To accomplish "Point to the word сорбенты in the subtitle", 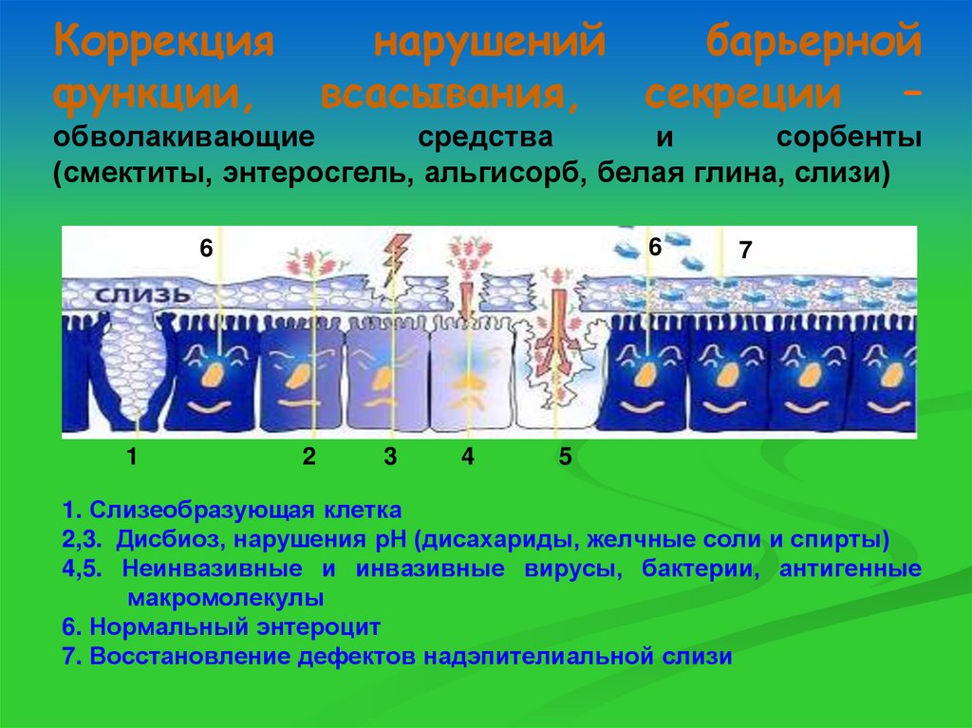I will point(849,137).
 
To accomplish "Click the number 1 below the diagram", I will point(132,457).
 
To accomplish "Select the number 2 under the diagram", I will point(308,457).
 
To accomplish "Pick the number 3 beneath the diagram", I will point(390,457).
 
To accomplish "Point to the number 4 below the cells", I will point(467,457).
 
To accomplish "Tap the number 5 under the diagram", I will point(565,457).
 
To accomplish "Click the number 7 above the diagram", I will point(745,252).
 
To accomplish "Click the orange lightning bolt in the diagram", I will point(393,260).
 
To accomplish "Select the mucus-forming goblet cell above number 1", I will point(133,370).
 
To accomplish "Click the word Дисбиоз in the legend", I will point(162,540).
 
